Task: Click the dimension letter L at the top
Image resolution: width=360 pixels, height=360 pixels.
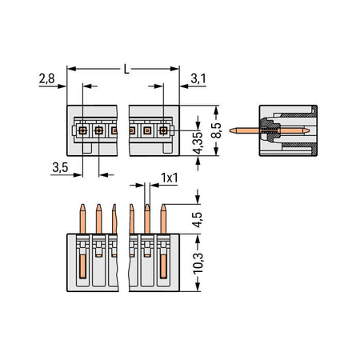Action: (x=126, y=70)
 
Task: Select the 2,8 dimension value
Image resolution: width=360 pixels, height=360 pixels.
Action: (x=46, y=78)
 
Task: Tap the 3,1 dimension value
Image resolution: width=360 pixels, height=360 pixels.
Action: (x=198, y=78)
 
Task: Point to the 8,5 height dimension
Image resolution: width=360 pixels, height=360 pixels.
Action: (x=216, y=130)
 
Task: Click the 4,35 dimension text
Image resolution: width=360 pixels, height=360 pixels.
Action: (x=198, y=143)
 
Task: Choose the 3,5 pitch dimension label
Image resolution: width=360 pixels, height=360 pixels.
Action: (x=60, y=167)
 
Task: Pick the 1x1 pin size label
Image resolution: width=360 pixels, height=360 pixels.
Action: (x=169, y=178)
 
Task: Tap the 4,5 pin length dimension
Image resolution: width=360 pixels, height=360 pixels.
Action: (x=198, y=220)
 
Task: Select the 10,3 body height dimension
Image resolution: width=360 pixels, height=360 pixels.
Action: (x=198, y=263)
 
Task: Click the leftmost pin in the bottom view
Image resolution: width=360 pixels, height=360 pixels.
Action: (x=82, y=219)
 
